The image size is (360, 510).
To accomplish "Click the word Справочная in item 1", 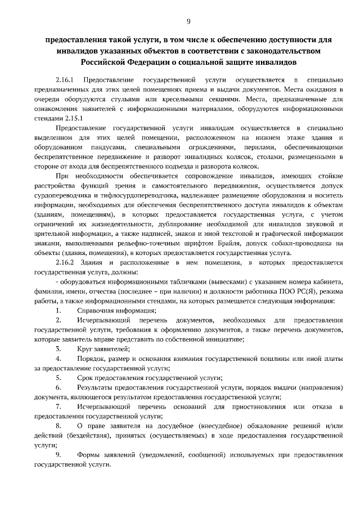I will point(94,310).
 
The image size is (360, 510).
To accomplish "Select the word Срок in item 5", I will point(85,378).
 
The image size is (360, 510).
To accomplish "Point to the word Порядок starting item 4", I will point(91,359).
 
